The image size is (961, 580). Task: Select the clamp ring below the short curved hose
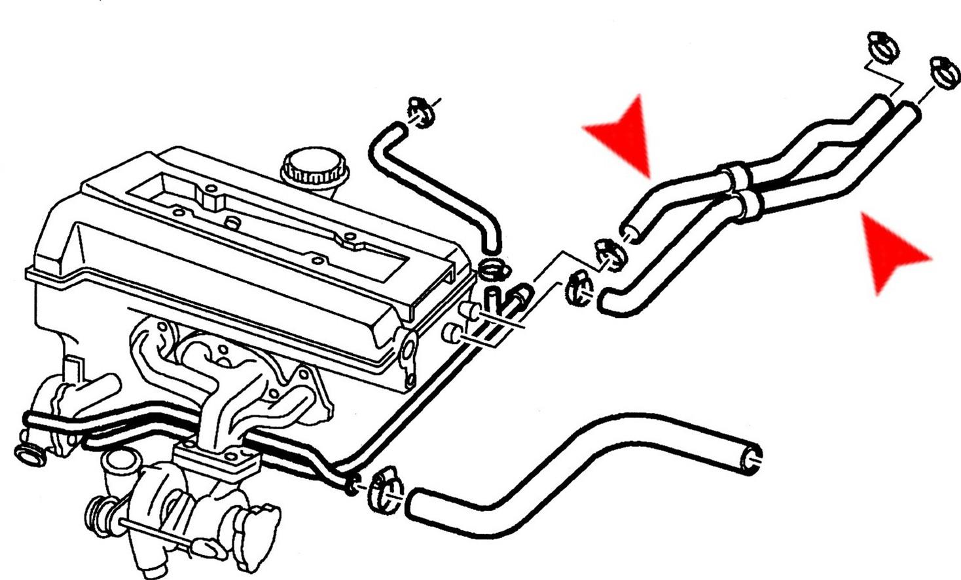pos(494,268)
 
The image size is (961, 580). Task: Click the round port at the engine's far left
pos(28,452)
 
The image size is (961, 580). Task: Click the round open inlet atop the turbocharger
pos(118,462)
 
